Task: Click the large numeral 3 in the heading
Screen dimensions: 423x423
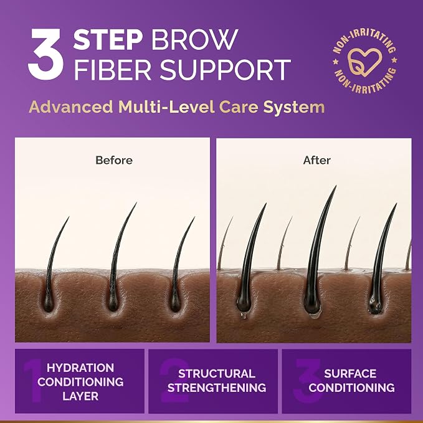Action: [x=46, y=54]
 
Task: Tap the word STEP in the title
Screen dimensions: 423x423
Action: [x=108, y=39]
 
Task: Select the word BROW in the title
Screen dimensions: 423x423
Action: [x=194, y=39]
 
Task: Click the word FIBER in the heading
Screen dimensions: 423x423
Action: [x=112, y=70]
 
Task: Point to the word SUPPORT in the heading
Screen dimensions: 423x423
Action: [x=226, y=70]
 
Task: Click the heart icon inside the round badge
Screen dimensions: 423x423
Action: [x=364, y=62]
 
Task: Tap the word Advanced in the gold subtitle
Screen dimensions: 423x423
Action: [x=71, y=107]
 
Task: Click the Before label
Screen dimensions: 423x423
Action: [x=114, y=160]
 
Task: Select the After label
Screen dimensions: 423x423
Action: [x=316, y=160]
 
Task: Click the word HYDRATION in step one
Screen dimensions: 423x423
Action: [x=80, y=368]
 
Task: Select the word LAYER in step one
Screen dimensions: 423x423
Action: [x=80, y=396]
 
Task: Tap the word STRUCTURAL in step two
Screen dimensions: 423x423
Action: [x=217, y=374]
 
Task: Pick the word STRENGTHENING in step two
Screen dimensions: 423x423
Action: [x=217, y=387]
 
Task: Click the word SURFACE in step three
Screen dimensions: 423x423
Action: [x=350, y=374]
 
